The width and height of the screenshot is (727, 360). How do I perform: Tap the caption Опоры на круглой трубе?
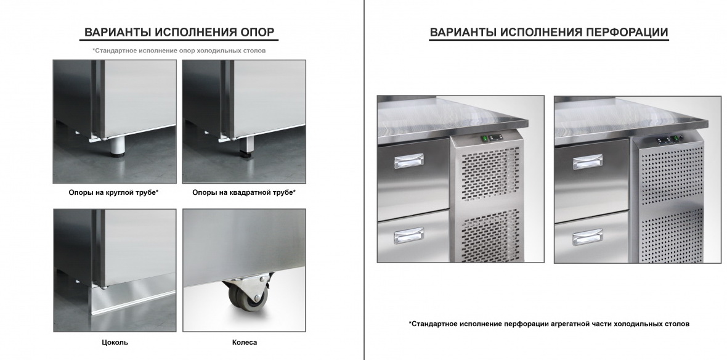pyautogui.click(x=113, y=192)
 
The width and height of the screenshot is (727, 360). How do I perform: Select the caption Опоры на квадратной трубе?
pyautogui.click(x=244, y=192)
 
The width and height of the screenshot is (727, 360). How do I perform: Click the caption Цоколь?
pyautogui.click(x=115, y=342)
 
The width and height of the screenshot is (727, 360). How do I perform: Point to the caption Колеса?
pyautogui.click(x=245, y=342)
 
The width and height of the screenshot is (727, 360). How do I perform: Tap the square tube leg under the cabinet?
pyautogui.click(x=246, y=147)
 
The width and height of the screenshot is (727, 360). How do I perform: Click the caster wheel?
pyautogui.click(x=246, y=295)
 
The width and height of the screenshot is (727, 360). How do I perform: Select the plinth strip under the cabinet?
pyautogui.click(x=134, y=301)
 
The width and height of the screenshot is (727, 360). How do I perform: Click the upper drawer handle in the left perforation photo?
pyautogui.click(x=409, y=161)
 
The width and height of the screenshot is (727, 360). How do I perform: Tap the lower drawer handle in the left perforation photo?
pyautogui.click(x=408, y=235)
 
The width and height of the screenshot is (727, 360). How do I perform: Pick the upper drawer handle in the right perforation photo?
pyautogui.click(x=587, y=162)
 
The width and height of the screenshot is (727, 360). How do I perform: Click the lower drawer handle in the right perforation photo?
pyautogui.click(x=587, y=237)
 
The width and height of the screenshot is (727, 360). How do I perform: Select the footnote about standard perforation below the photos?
pyautogui.click(x=548, y=324)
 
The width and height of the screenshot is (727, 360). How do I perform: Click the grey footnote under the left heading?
pyautogui.click(x=179, y=51)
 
